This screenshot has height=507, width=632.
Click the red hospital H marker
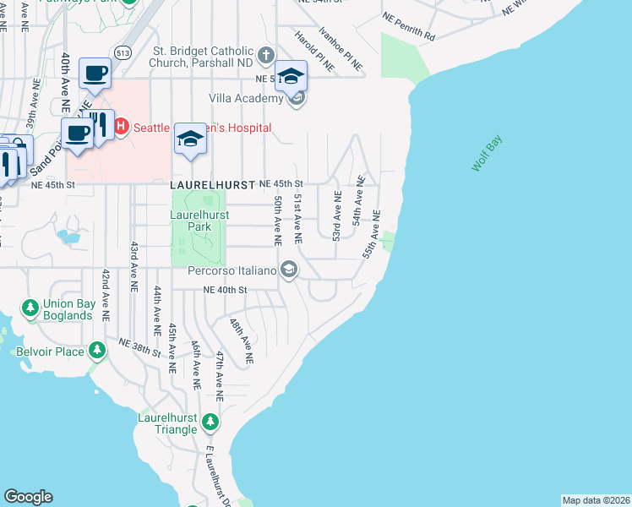point(121,128)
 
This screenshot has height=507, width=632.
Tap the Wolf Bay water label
point(487,152)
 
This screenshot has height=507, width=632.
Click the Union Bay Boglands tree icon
point(30,306)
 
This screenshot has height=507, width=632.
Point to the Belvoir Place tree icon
point(97,350)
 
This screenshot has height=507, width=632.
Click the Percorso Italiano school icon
point(289,270)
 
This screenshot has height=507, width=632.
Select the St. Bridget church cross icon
point(266,57)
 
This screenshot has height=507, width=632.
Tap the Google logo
point(28,497)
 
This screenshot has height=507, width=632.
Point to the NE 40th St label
point(224,290)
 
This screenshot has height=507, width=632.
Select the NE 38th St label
point(139,348)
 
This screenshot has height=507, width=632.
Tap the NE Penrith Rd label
point(408,27)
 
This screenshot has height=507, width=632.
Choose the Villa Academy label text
point(247,99)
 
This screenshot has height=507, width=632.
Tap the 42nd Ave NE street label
point(106,292)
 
